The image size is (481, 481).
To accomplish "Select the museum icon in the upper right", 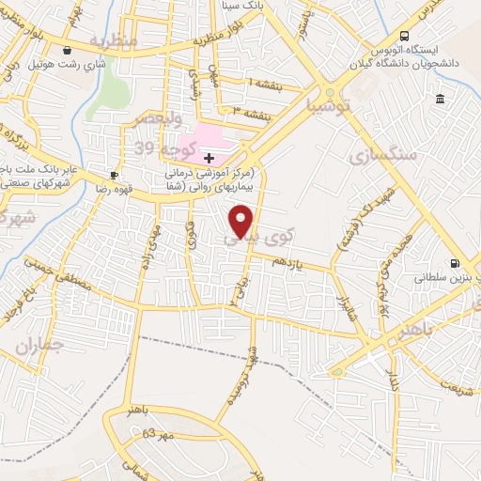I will [439, 100].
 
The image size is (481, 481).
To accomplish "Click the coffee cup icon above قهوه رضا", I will [114, 174].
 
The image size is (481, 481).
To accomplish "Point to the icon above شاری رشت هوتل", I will [67, 51].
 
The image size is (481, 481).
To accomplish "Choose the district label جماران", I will [39, 346].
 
